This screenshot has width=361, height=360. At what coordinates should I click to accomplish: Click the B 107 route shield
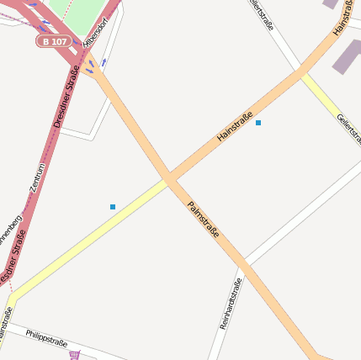tap(55, 40)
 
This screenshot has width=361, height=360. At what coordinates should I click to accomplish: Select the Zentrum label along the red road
tap(38, 177)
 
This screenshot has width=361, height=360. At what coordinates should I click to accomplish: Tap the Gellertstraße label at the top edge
tap(262, 14)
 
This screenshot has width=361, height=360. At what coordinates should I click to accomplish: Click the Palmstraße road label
tap(203, 220)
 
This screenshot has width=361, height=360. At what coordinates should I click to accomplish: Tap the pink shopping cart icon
tap(75, 355)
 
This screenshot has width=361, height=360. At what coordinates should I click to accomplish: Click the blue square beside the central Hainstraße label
tap(258, 123)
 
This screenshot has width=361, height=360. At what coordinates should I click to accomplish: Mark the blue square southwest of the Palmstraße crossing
tap(113, 206)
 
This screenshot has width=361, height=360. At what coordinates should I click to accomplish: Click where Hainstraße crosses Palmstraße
tap(170, 179)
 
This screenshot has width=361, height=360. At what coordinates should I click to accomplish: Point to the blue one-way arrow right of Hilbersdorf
tap(104, 61)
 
